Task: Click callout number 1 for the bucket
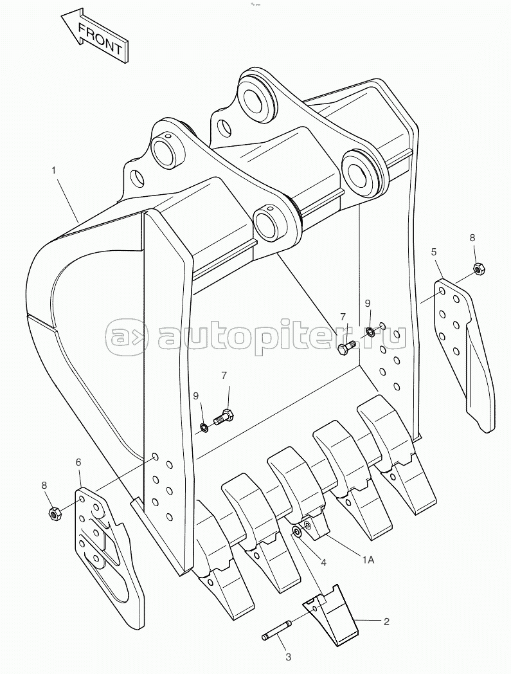[x=54, y=170]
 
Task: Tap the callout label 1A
[x=368, y=560]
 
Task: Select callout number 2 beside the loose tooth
[x=386, y=621]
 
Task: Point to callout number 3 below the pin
[x=289, y=657]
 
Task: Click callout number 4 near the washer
[x=323, y=562]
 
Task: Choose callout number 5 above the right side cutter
[x=434, y=252]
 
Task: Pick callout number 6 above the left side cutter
[x=78, y=462]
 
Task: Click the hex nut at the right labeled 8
[x=479, y=269]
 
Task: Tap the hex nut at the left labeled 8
[x=54, y=513]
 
